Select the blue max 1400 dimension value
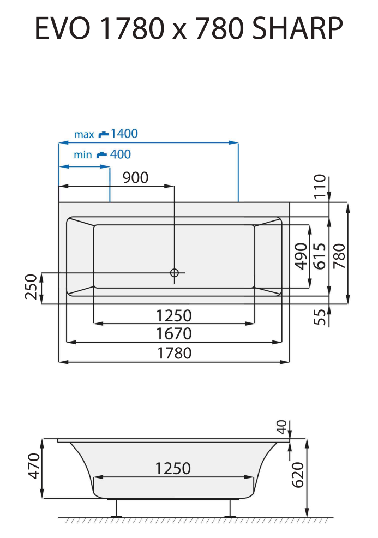pos(123,134)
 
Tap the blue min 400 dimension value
pos(120,154)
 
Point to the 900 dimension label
pos(134,178)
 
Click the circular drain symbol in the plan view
pos(175,273)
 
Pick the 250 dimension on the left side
pos(31,288)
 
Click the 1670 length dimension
pos(174,333)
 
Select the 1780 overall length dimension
pos(174,354)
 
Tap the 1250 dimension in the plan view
pos(174,315)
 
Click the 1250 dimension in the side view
pos(173,469)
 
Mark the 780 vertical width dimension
pos(339,253)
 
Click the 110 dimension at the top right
pos(320,186)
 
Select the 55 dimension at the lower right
pos(320,317)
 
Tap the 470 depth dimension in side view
pos(34,465)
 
